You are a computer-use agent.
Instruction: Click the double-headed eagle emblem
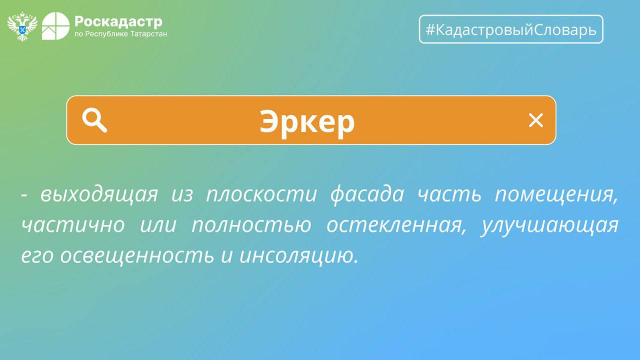click(x=22, y=26)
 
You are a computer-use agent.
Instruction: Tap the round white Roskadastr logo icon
click(x=56, y=26)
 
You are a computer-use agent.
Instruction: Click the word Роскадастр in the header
click(x=118, y=22)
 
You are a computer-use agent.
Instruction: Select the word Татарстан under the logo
click(x=148, y=34)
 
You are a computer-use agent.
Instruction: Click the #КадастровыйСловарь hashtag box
click(x=511, y=29)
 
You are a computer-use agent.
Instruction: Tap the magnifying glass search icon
click(x=94, y=121)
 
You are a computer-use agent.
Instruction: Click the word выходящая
click(x=99, y=194)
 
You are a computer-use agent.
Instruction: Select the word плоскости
click(x=262, y=194)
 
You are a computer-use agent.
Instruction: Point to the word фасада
click(x=367, y=194)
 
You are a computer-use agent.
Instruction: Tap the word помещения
click(x=556, y=194)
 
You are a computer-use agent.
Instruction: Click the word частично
click(x=73, y=226)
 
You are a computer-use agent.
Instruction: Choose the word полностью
click(x=251, y=226)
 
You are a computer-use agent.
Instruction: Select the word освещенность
click(x=137, y=256)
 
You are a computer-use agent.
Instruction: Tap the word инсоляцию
click(x=298, y=256)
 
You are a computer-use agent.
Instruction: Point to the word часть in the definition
click(x=450, y=194)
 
